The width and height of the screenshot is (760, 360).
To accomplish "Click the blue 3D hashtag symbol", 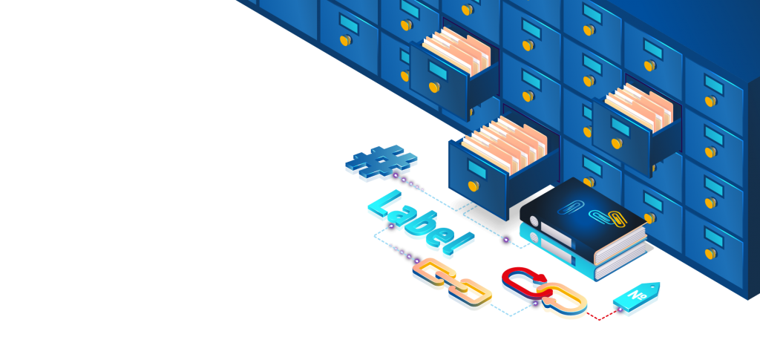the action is coord(381,161).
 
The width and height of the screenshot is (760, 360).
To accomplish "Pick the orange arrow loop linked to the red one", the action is coord(563,298).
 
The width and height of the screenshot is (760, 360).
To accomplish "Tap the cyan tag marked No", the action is coord(636,296).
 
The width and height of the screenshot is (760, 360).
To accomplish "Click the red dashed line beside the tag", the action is coord(601,316).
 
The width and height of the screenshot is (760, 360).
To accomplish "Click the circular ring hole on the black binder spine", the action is coord(533,221).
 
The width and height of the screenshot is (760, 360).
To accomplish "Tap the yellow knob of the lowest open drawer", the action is coord(473,186).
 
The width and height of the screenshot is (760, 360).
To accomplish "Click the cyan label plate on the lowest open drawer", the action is coord(477,169).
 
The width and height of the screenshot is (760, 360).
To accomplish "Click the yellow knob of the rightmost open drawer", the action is coord(617,143).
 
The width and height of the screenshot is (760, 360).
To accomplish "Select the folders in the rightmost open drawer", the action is coord(639,107).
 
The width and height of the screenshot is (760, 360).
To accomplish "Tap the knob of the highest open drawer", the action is coord(434,87).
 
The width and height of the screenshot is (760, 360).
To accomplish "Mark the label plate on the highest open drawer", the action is coord(438,71).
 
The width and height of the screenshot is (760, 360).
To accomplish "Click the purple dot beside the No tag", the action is coord(620,309).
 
